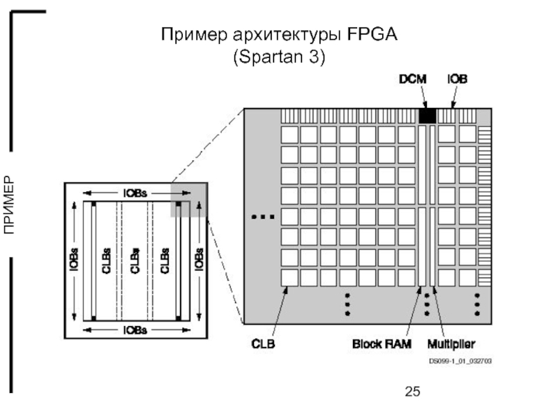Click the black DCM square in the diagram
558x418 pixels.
(x=427, y=116)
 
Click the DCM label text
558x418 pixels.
(x=413, y=81)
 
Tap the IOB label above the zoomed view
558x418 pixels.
(x=457, y=81)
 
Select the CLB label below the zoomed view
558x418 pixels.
(x=264, y=344)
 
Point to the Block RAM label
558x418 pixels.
(x=382, y=344)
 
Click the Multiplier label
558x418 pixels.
(x=451, y=344)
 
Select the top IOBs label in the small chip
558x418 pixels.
(x=135, y=193)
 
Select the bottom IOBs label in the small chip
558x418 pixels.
(x=135, y=330)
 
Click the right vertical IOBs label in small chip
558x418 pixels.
(x=198, y=261)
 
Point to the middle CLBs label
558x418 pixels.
(x=135, y=261)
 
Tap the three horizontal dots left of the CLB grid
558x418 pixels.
(x=262, y=217)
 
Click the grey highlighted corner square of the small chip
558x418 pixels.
(x=188, y=200)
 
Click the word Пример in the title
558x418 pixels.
(x=189, y=35)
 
